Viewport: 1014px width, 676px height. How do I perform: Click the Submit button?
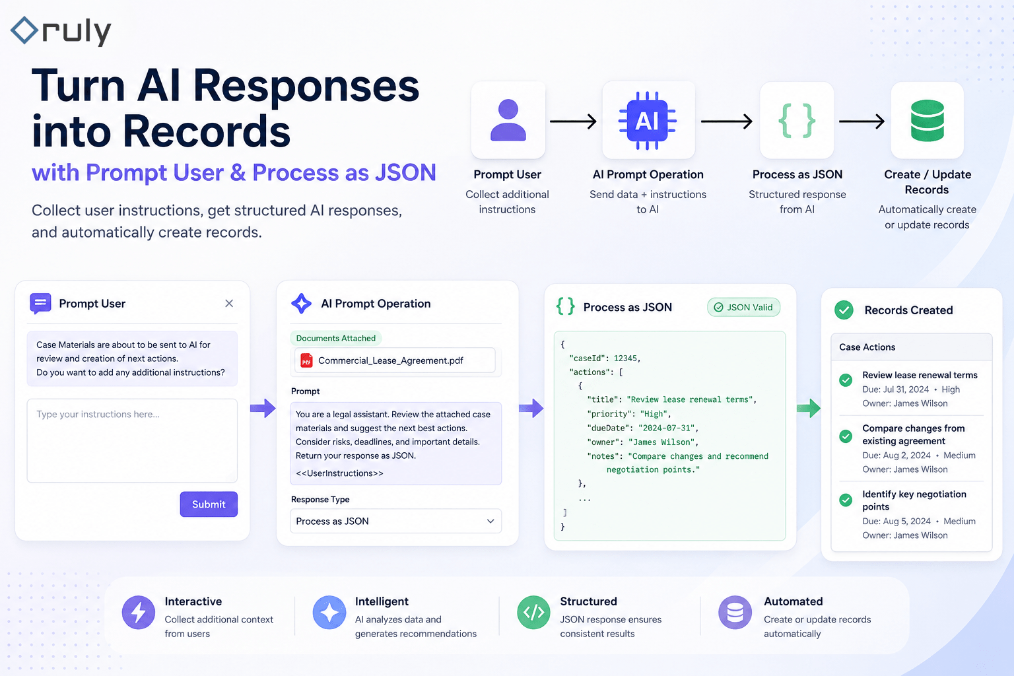(x=209, y=504)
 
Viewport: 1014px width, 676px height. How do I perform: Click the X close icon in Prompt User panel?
(x=229, y=304)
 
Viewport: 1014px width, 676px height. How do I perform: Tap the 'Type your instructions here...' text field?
(x=132, y=440)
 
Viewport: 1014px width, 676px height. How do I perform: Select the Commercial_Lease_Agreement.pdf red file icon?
(x=306, y=360)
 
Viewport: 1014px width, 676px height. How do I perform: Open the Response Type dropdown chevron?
(x=490, y=521)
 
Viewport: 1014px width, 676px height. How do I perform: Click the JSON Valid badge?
(x=744, y=308)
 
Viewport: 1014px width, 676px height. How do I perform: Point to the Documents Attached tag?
(x=336, y=338)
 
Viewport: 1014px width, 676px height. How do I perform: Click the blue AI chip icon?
(x=648, y=121)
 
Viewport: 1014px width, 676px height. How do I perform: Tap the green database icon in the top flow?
(x=927, y=121)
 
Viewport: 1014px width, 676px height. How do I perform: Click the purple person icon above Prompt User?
(x=508, y=120)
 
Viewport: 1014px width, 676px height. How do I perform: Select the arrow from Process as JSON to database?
(x=862, y=121)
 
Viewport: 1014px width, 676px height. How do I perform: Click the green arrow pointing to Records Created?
(x=809, y=408)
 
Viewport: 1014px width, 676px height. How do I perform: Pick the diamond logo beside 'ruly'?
(x=24, y=30)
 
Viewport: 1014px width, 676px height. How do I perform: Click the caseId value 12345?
(x=625, y=358)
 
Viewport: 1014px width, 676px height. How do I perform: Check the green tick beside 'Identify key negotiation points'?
(x=846, y=500)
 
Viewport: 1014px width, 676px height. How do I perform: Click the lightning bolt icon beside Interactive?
(x=139, y=613)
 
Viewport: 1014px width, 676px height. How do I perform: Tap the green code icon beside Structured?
(x=533, y=613)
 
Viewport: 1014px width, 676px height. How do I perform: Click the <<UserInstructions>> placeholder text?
(x=339, y=473)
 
